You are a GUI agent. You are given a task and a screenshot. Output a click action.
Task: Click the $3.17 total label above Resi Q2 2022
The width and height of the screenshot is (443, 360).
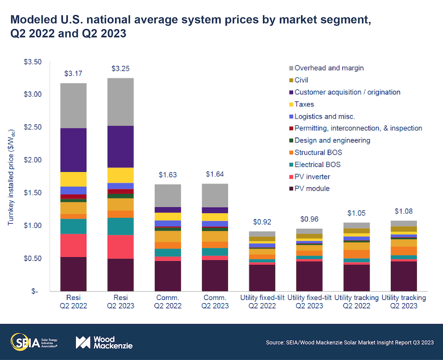point(74,73)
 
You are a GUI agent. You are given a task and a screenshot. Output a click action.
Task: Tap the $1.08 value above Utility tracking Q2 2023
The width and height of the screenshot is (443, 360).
point(404,211)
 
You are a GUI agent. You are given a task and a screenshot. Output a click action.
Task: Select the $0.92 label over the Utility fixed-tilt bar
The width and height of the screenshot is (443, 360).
point(262,222)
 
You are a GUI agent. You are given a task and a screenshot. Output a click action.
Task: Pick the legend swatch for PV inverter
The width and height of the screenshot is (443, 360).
point(291,177)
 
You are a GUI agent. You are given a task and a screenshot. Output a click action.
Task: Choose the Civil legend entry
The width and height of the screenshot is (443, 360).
point(301,80)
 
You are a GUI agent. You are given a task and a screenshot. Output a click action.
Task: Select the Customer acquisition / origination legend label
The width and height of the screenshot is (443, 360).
point(347,92)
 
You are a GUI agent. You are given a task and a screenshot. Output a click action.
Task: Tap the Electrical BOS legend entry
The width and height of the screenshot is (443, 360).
point(317,165)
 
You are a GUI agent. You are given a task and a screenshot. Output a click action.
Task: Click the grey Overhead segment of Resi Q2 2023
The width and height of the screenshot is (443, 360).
point(121,102)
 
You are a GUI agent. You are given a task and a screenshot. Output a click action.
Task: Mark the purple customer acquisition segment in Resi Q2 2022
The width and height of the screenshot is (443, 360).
point(74,150)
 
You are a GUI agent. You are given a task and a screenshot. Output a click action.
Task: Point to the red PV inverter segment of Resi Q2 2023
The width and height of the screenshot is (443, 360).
point(121,247)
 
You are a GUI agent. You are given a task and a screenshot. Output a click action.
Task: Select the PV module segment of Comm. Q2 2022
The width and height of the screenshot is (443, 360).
point(168,276)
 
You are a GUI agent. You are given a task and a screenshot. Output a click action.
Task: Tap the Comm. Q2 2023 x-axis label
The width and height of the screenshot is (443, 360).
point(215,302)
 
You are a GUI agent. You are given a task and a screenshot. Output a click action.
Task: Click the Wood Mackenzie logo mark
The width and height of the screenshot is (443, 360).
point(83,342)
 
